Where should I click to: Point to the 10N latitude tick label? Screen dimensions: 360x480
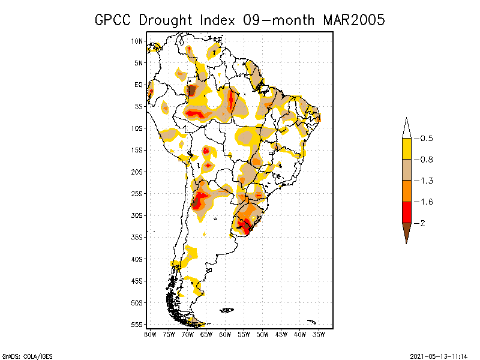pos(137,41)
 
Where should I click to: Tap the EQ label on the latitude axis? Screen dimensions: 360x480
pos(139,85)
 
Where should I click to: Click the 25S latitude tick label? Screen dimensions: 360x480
pos(137,194)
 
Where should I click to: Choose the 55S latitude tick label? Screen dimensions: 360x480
pos(137,325)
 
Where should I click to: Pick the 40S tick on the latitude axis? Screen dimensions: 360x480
pos(137,259)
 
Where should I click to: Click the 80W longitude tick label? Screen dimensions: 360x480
pos(150,334)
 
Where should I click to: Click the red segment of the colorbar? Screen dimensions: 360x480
pos(406,212)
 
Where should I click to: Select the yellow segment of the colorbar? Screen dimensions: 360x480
pos(406,149)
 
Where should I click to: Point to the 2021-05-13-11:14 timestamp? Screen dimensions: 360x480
pos(439,355)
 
